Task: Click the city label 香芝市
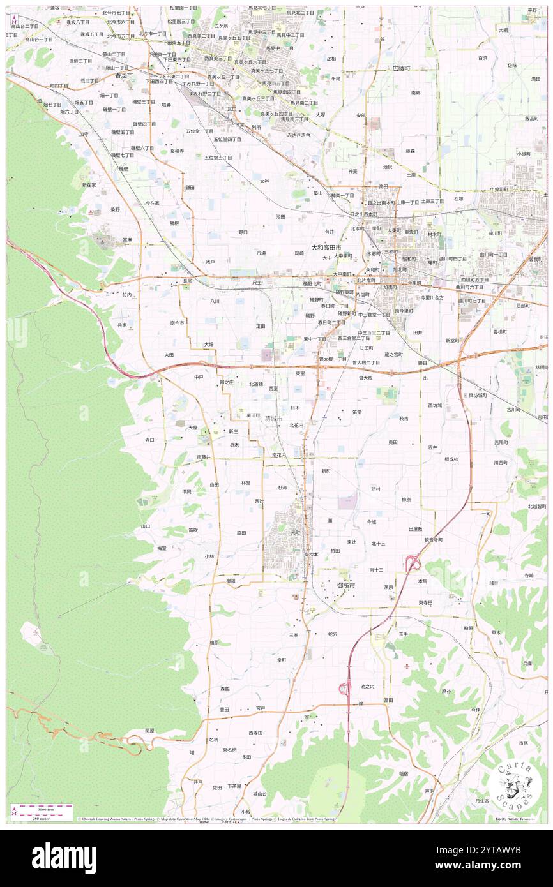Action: (x=124, y=75)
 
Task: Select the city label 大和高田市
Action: (x=326, y=247)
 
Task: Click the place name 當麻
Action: (x=128, y=240)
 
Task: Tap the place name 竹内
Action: (x=127, y=295)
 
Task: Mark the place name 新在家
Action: (x=89, y=184)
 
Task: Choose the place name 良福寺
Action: (x=177, y=151)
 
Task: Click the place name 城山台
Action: (x=259, y=794)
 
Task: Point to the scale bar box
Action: (x=42, y=811)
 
